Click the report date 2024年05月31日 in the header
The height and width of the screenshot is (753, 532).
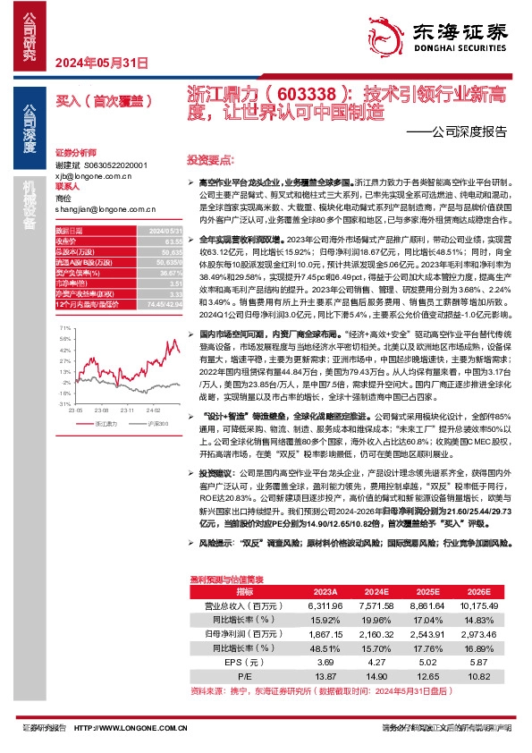click(x=101, y=62)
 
